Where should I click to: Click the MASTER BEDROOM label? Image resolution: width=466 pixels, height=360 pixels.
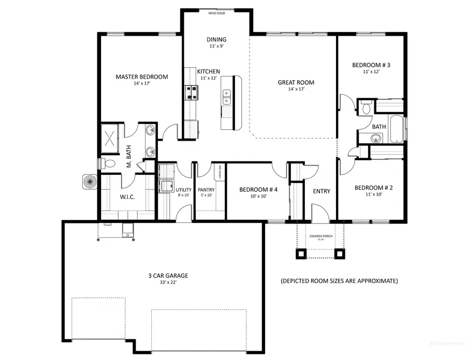(141, 77)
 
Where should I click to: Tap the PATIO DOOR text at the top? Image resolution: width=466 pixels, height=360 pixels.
(216, 14)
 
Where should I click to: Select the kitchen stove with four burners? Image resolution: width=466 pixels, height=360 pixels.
(191, 93)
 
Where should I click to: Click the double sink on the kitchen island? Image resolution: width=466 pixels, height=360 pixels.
(227, 96)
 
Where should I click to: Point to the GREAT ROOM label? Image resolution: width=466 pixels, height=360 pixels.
(296, 82)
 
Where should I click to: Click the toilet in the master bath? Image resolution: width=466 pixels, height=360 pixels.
(109, 163)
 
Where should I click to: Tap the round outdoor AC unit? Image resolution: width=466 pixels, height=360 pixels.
(89, 182)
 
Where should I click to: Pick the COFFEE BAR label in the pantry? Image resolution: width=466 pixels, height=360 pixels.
(221, 171)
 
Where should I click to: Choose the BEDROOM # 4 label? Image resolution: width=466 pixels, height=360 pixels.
(258, 190)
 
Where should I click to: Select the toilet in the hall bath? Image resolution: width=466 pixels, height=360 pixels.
(366, 108)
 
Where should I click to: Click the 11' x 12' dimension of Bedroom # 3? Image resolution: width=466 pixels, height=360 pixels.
(371, 72)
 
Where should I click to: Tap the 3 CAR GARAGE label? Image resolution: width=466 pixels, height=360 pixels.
(168, 276)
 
